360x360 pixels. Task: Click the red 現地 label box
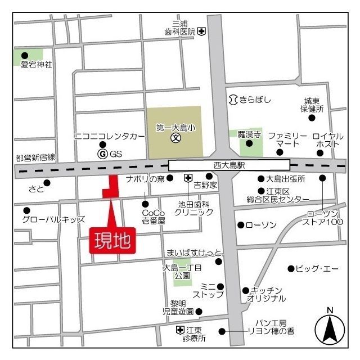[x=112, y=240]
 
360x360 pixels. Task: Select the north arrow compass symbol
[x=330, y=328]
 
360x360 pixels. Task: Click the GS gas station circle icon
[x=102, y=154]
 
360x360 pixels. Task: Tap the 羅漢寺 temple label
[x=249, y=134]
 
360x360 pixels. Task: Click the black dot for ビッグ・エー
[x=291, y=268]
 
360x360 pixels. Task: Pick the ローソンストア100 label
[x=322, y=217]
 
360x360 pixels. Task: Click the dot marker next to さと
[x=47, y=183]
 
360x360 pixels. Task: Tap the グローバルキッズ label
[x=53, y=219]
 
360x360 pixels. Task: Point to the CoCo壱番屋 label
[x=154, y=217]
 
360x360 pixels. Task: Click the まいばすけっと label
[x=194, y=251]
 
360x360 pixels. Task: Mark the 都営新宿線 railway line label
[x=35, y=158]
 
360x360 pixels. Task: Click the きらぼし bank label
[x=255, y=100]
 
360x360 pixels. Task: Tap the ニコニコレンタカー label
[x=106, y=137]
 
